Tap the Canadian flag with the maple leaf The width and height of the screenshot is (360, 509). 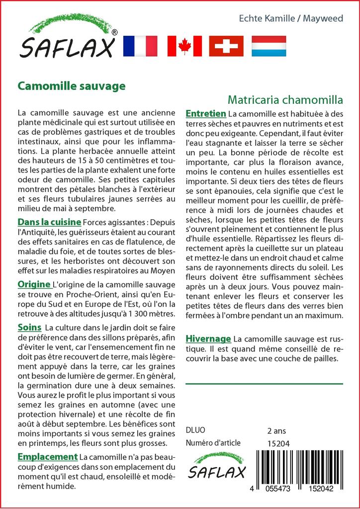point(184,46)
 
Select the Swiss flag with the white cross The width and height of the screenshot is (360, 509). point(226,46)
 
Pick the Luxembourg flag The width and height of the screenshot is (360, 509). point(269,46)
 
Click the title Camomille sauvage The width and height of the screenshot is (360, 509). point(72,85)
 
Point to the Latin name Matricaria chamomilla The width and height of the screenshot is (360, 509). point(286,99)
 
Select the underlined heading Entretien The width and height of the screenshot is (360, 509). point(205,114)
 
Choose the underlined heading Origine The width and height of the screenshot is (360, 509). point(34,284)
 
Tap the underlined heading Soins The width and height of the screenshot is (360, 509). point(29,328)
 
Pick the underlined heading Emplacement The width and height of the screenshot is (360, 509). point(47,457)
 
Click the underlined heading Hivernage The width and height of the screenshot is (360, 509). point(208,339)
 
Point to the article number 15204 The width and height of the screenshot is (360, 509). point(278,443)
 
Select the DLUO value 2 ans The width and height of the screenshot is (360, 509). point(276,430)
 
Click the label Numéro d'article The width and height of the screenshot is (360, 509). point(213,443)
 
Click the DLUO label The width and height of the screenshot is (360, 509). point(195,430)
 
